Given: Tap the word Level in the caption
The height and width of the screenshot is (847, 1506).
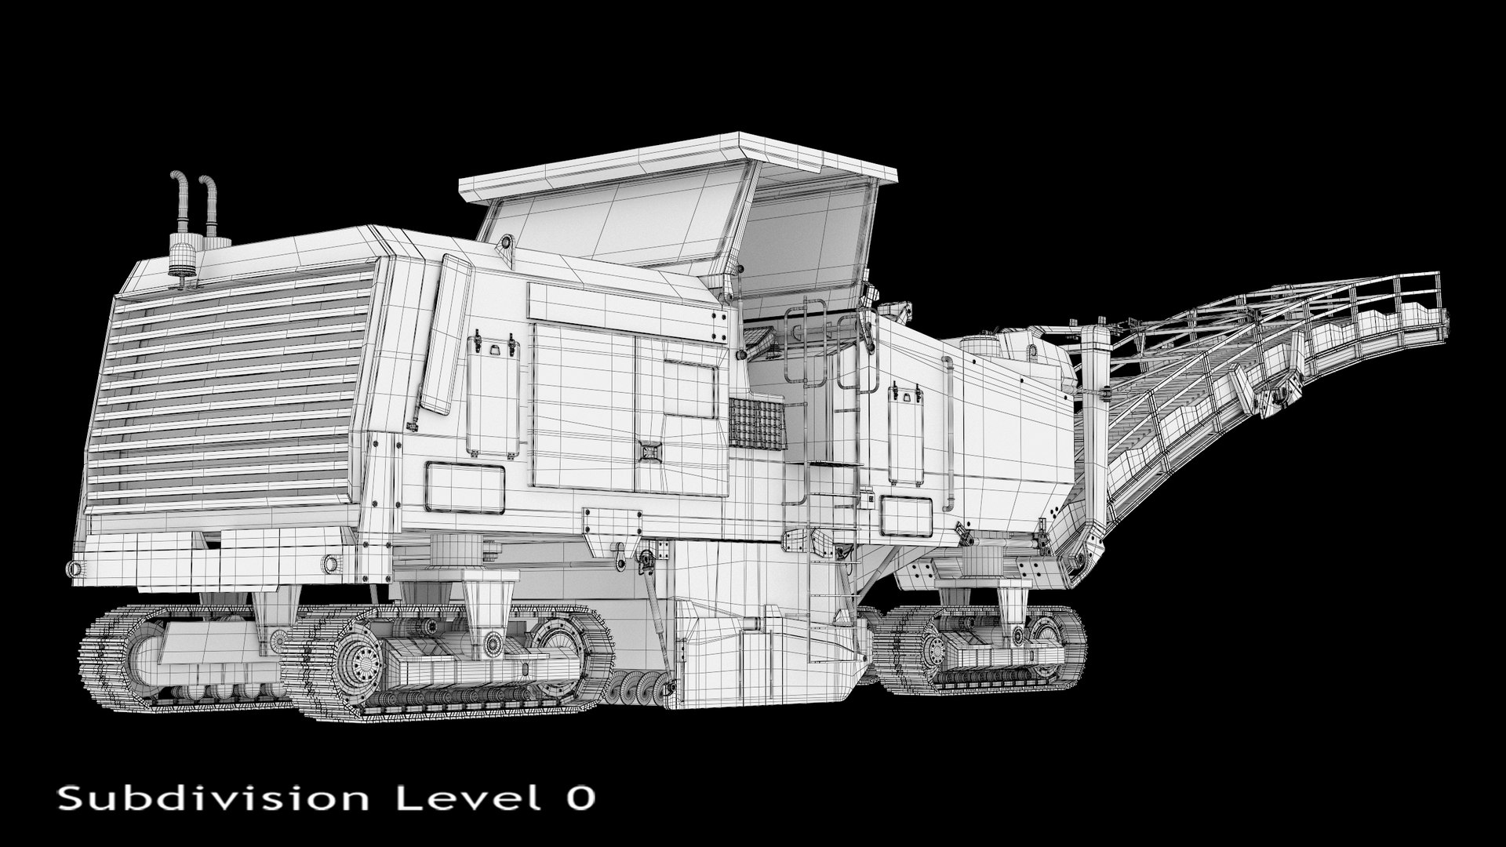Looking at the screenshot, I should pyautogui.click(x=463, y=798).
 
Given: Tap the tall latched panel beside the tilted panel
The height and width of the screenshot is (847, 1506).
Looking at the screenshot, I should pyautogui.click(x=493, y=396).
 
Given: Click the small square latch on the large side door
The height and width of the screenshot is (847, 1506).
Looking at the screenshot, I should pyautogui.click(x=650, y=450).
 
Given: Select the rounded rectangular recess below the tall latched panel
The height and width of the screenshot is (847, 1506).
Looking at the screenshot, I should pyautogui.click(x=465, y=487).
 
